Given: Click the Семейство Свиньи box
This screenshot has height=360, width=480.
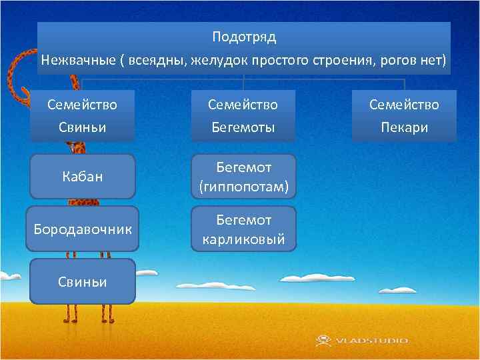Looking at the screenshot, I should point(82,115).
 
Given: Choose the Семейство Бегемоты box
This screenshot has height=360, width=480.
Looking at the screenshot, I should point(243,115).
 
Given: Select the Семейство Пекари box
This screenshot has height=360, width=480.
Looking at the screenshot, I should point(404,115).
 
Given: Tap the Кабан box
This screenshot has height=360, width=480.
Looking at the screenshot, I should point(82,177).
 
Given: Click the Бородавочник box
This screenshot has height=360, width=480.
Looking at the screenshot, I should point(82,229).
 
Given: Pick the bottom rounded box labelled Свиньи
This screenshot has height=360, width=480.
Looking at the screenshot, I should point(82,281).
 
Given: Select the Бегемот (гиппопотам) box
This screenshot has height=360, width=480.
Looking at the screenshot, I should point(243,177).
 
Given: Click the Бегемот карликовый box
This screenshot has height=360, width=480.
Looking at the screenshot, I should point(243,229).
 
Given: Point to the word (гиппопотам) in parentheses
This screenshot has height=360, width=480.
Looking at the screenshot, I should point(243,187).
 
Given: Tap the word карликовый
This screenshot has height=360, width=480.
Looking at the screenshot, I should point(243,239).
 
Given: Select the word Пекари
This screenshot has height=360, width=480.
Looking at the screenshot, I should point(404,127).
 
